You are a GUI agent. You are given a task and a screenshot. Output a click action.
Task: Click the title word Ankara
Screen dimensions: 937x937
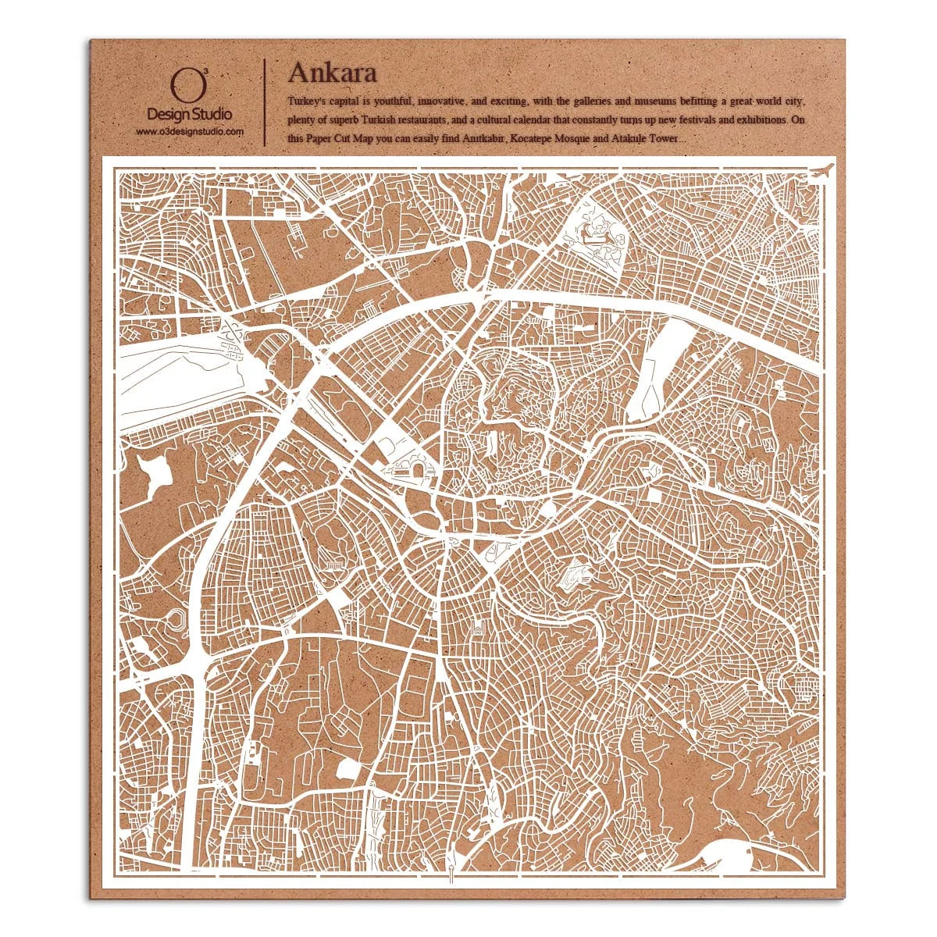pos(333,72)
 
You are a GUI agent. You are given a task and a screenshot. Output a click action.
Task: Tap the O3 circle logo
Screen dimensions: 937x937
pos(182,87)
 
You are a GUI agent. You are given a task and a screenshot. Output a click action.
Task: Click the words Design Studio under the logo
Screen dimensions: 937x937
pos(189,115)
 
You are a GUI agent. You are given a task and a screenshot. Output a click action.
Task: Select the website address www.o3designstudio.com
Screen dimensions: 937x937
pos(190,132)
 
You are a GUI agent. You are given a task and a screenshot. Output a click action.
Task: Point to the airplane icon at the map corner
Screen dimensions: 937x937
pos(822,170)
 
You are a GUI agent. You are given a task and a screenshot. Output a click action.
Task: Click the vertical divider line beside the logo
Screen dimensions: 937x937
pos(266,102)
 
